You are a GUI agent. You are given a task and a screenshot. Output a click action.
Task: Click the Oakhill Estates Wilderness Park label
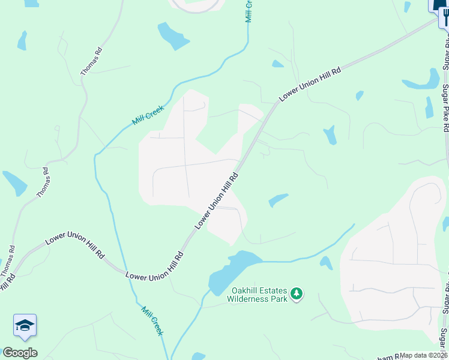pos(258,294)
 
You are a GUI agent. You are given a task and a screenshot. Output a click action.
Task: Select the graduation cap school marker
pos(25,326)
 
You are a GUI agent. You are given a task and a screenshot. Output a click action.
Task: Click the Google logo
pos(20,352)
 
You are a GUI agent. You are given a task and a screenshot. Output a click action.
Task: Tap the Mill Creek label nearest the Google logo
pos(152,321)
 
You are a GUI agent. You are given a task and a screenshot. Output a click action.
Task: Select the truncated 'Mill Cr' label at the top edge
pos(249,11)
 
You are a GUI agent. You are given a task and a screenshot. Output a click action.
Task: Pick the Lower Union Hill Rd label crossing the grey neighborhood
pos(217,201)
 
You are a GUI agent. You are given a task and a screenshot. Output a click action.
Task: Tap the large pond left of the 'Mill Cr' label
pos(172,36)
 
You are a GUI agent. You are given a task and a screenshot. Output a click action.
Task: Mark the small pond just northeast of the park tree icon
pos(326,262)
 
